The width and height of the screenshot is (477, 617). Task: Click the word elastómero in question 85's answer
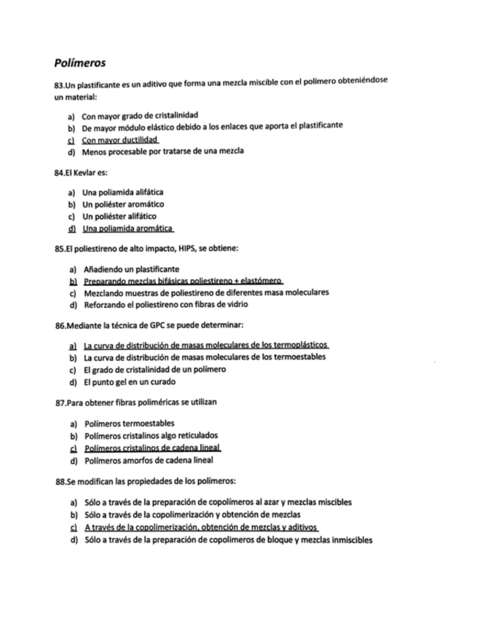[260, 281]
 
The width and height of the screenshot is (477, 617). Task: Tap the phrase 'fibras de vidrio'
[225, 304]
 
